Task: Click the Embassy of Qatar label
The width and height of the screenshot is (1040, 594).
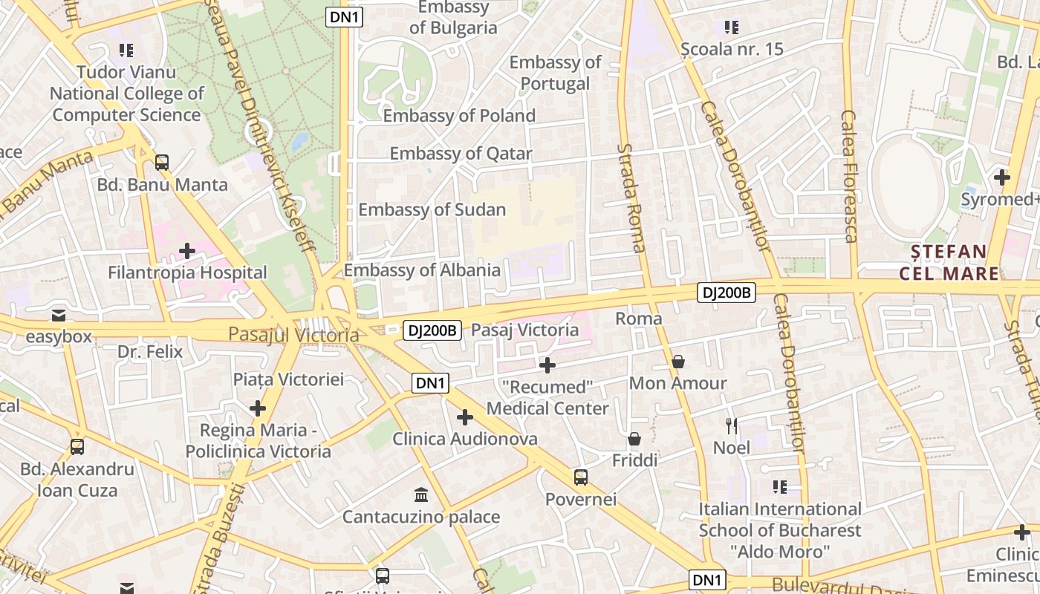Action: click(461, 154)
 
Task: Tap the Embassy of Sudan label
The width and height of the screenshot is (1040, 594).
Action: click(432, 210)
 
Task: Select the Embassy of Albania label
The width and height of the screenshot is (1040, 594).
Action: click(421, 270)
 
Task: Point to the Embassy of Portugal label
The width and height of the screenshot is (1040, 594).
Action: click(555, 73)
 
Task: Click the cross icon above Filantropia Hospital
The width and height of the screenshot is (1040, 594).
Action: click(187, 251)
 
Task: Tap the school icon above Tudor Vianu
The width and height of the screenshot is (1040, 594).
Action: click(126, 50)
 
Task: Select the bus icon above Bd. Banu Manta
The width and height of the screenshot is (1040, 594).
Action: click(162, 163)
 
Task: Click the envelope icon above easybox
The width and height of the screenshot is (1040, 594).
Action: click(59, 316)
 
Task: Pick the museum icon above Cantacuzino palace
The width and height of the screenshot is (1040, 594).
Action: click(421, 495)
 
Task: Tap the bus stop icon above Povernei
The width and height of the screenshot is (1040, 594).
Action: click(581, 477)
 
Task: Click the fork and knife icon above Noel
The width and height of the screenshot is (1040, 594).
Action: click(732, 425)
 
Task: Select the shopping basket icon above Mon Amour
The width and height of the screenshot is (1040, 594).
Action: click(677, 362)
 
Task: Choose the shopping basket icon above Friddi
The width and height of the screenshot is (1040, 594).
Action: click(634, 439)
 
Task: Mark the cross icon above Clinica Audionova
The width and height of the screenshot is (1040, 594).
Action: click(465, 417)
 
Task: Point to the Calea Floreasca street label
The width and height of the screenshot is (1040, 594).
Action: click(849, 177)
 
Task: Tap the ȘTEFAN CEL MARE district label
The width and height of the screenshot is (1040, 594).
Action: click(949, 263)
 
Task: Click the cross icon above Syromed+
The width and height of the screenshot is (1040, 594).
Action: click(1002, 177)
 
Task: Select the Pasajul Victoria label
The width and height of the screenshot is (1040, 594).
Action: click(293, 335)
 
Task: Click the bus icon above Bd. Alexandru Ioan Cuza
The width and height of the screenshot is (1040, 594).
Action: click(77, 447)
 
